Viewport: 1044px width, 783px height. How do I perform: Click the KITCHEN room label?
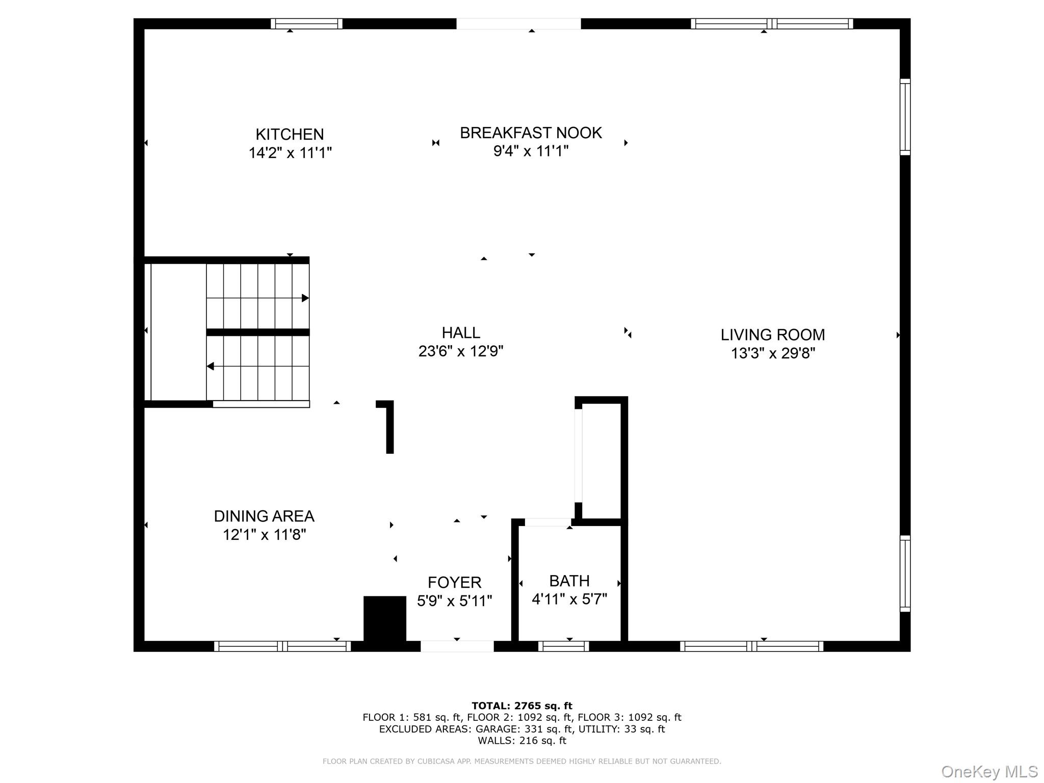click(x=290, y=135)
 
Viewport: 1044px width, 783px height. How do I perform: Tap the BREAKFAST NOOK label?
click(x=531, y=133)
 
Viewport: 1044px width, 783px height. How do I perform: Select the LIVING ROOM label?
click(x=772, y=335)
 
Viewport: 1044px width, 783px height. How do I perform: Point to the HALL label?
click(x=461, y=333)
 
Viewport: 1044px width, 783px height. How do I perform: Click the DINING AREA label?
click(x=264, y=516)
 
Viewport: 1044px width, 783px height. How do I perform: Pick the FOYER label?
click(x=454, y=582)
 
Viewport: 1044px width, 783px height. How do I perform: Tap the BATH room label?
click(x=569, y=581)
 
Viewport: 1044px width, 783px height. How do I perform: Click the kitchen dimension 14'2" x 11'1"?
click(x=290, y=153)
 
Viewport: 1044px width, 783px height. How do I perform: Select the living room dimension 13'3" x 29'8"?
click(x=773, y=353)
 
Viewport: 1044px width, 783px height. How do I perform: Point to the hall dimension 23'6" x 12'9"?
click(x=461, y=351)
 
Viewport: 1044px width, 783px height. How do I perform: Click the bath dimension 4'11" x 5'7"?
click(x=569, y=599)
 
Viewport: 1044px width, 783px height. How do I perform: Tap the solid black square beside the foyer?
click(x=385, y=618)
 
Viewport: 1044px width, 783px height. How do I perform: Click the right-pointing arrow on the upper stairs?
click(x=305, y=298)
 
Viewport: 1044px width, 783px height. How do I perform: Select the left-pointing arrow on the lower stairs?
click(x=210, y=367)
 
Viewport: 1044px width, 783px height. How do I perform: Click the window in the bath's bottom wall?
click(x=563, y=646)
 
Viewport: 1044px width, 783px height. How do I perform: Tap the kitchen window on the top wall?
click(x=306, y=23)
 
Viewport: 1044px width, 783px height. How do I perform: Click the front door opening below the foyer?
click(x=457, y=646)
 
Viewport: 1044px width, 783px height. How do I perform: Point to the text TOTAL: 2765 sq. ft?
click(x=522, y=706)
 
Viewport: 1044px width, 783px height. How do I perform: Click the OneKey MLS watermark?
click(x=989, y=772)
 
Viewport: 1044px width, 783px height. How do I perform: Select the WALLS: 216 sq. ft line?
click(x=522, y=741)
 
